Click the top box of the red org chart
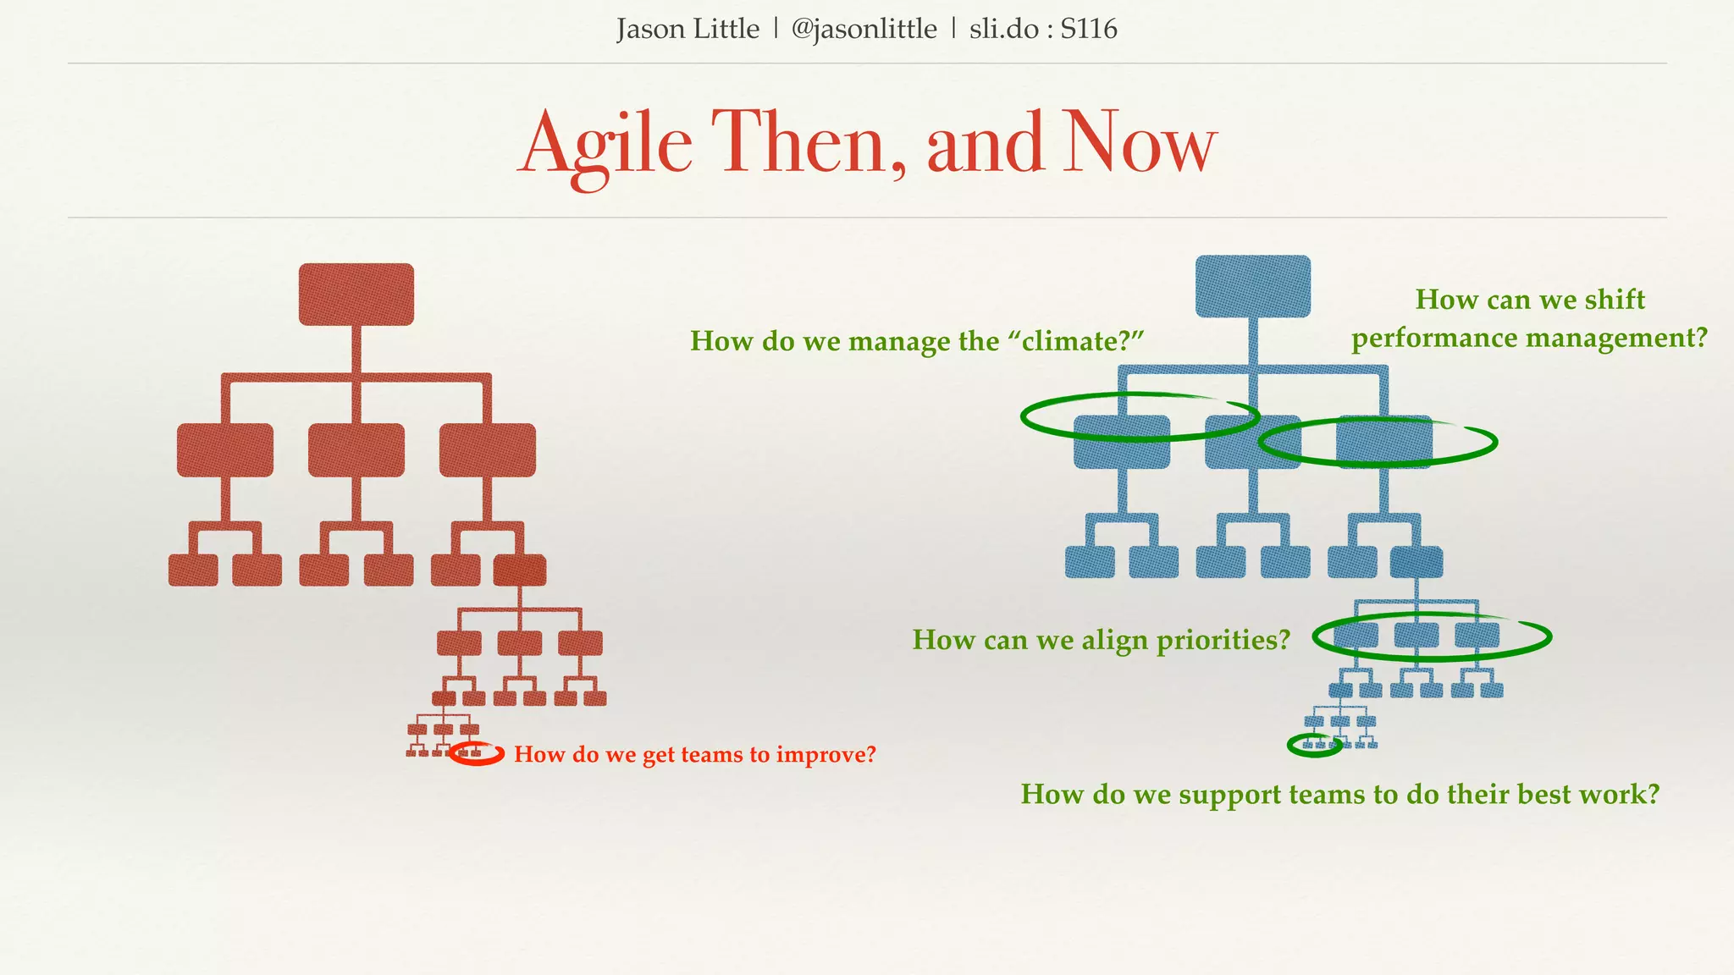(356, 295)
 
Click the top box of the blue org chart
(1252, 287)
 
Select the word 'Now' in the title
(1139, 144)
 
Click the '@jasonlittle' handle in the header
(864, 30)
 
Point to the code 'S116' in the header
(1089, 30)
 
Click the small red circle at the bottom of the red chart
(477, 753)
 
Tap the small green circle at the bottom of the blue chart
(1314, 745)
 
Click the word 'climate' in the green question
(1071, 341)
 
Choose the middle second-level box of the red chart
(356, 450)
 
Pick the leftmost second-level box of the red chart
(225, 450)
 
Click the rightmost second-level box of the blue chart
(1384, 442)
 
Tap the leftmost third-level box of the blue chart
(1090, 562)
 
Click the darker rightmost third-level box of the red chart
(520, 570)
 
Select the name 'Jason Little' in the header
(688, 30)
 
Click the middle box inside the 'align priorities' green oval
(1416, 635)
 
